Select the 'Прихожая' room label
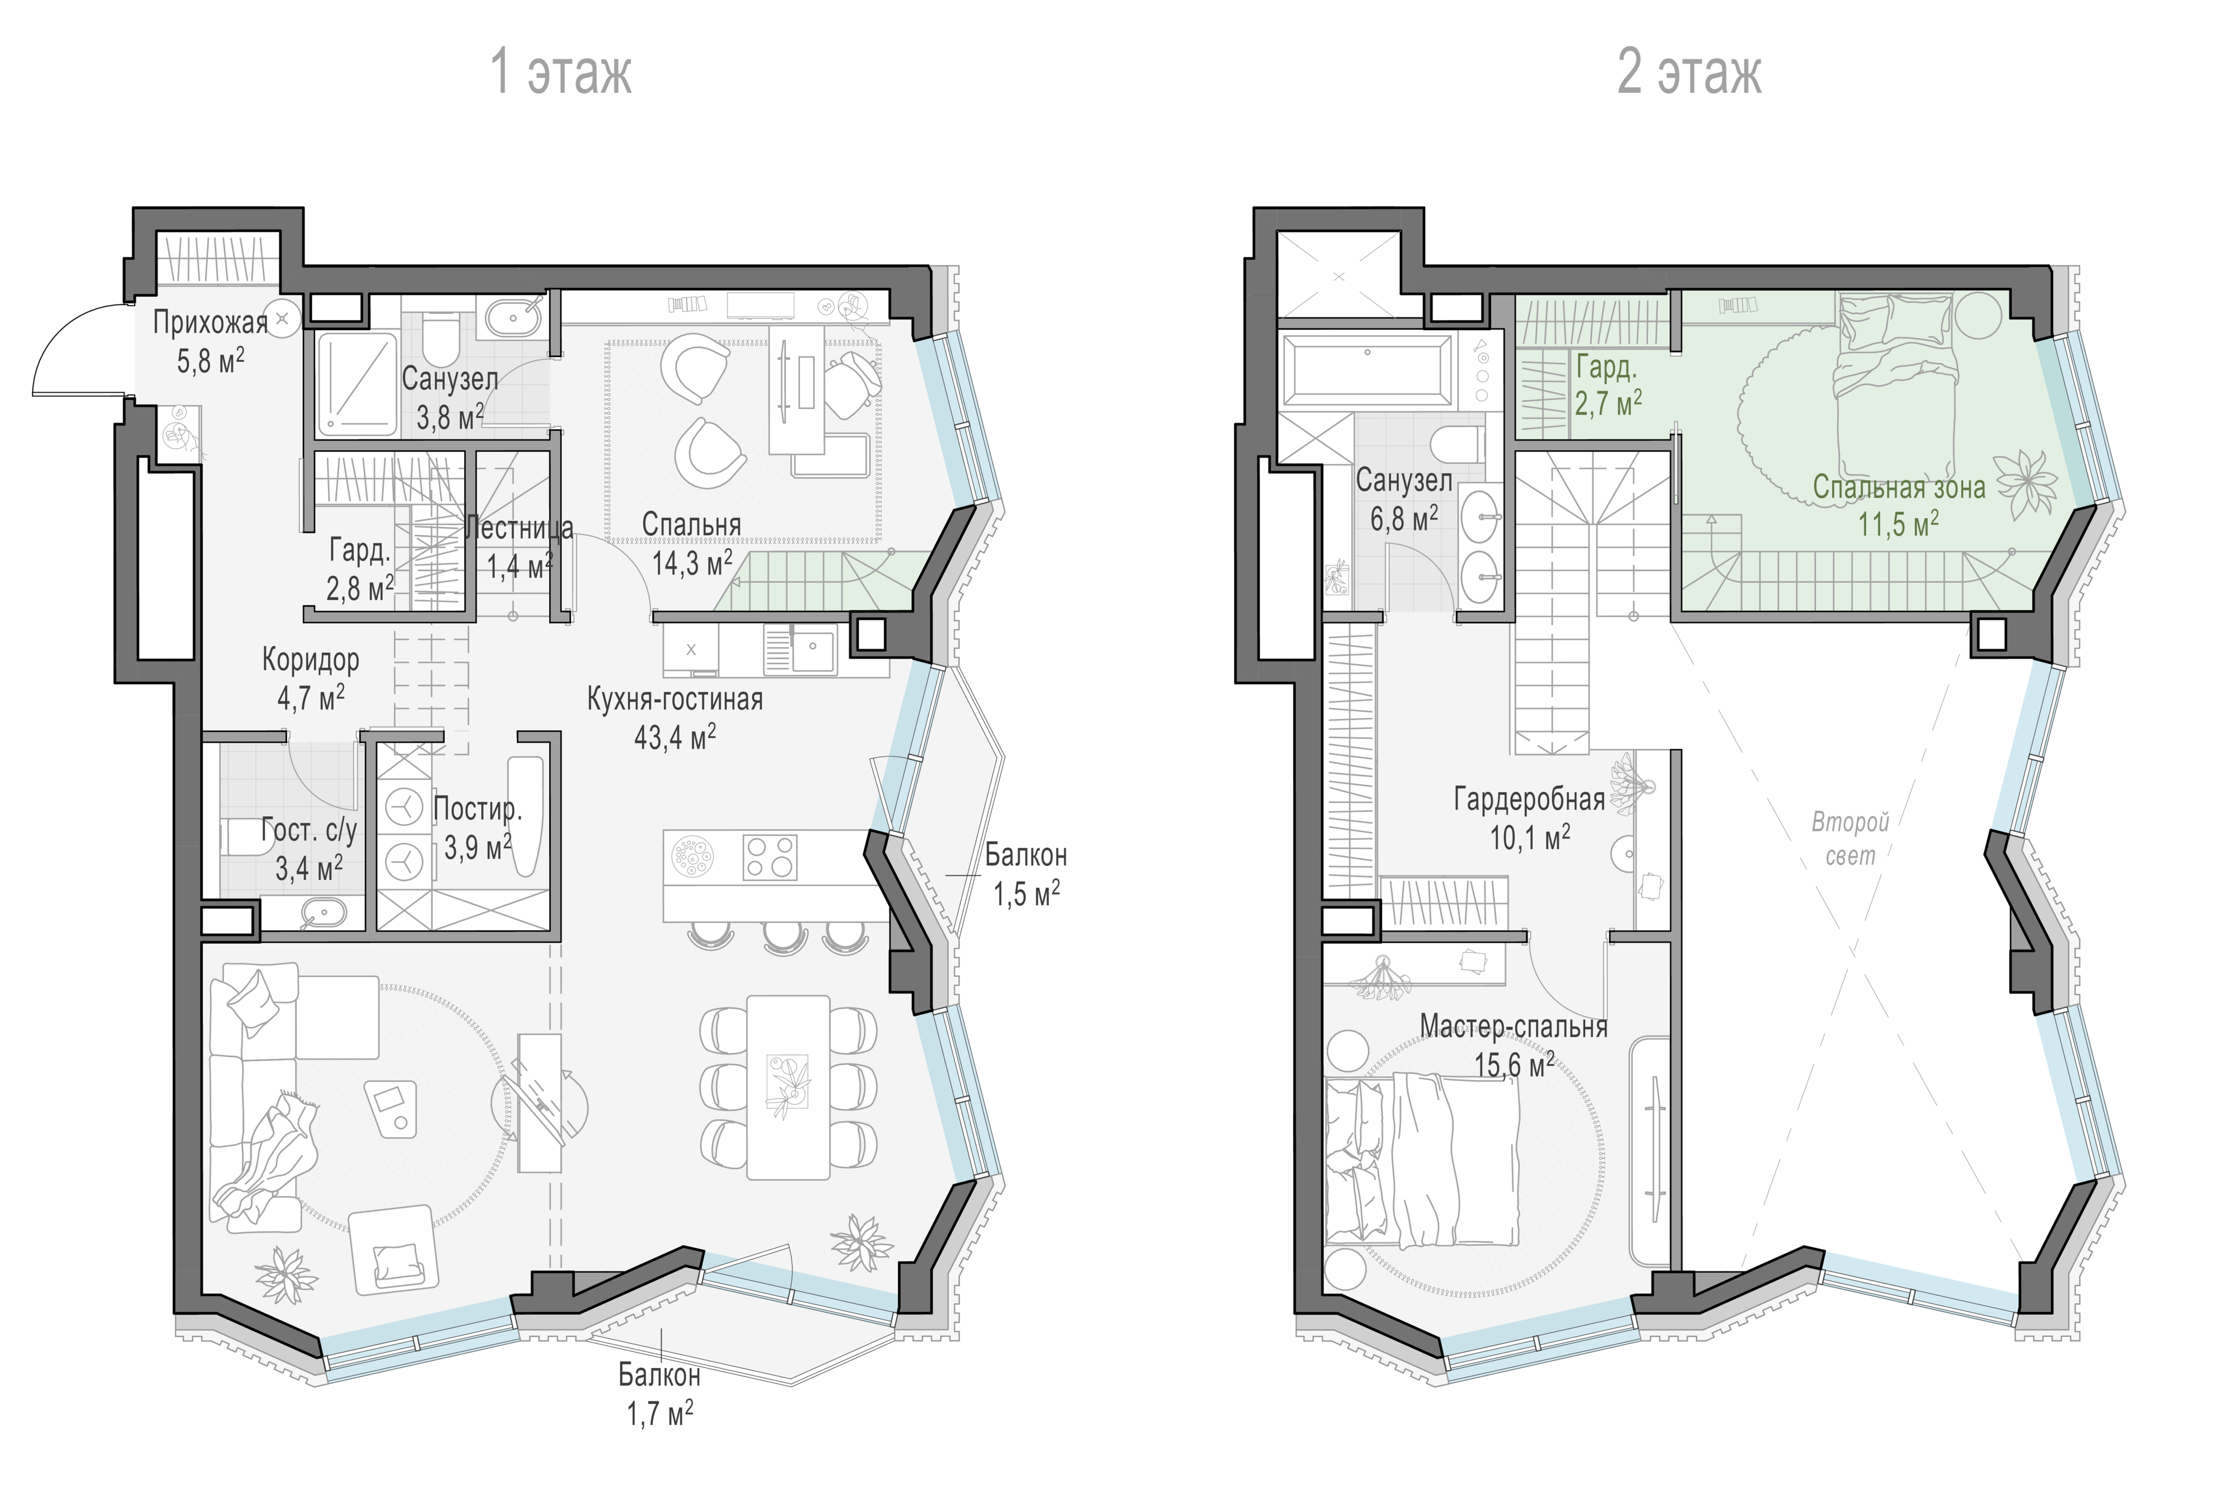[210, 323]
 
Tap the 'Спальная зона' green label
[1899, 487]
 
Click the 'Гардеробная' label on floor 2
[1529, 799]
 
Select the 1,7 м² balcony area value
[660, 1413]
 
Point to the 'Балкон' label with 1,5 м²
[1025, 855]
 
